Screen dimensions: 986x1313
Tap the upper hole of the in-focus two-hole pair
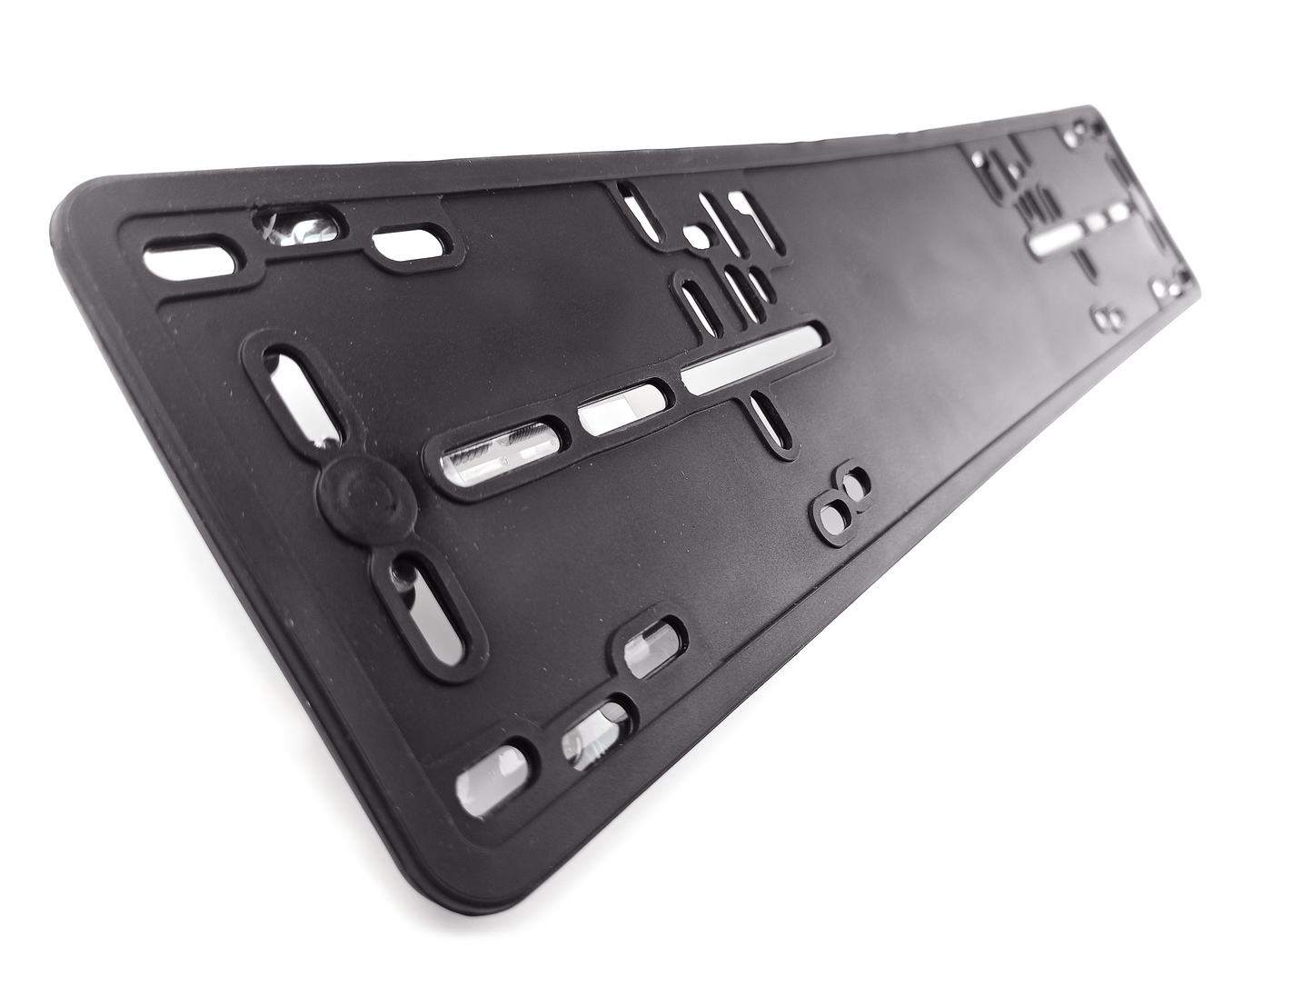pyautogui.click(x=855, y=482)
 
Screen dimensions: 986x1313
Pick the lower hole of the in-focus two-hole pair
pyautogui.click(x=832, y=515)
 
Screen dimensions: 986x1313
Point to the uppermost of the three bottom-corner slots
pyautogui.click(x=652, y=647)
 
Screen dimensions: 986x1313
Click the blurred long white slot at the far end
pyautogui.click(x=1054, y=238)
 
